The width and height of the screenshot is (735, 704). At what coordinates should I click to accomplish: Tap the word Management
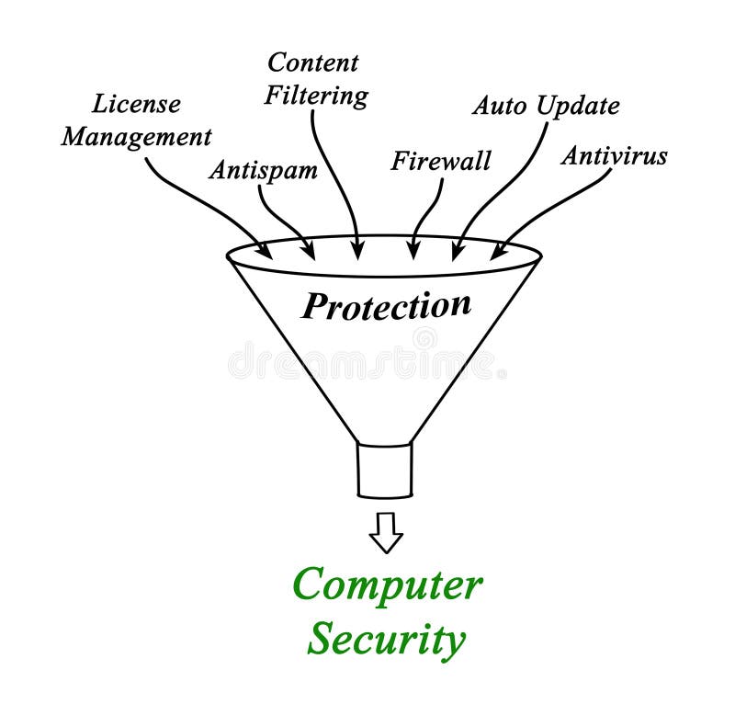coord(136,137)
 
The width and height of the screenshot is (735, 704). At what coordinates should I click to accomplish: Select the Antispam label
coord(263,170)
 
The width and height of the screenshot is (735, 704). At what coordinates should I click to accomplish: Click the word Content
coord(312,62)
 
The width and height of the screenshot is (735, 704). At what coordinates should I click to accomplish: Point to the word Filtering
coord(316,96)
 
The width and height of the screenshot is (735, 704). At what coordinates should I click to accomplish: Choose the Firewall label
coord(441,161)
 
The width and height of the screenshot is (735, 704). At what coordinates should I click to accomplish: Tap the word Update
coord(579,107)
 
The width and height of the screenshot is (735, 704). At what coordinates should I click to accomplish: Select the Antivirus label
coord(614,155)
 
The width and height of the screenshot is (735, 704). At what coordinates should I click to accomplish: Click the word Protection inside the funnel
coord(386,305)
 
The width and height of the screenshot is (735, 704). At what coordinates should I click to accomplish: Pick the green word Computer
coord(386,585)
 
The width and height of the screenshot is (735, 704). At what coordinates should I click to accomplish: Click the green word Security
coord(386,638)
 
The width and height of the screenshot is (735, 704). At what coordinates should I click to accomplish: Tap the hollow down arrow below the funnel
coord(386,532)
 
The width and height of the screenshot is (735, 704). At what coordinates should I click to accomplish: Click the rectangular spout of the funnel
coord(385,471)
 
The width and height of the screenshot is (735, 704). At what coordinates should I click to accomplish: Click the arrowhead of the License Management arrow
coord(266,251)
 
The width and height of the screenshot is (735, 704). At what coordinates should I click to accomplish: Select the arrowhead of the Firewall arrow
coord(414,251)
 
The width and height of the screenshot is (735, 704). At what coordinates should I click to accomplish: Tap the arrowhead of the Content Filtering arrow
coord(358,250)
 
